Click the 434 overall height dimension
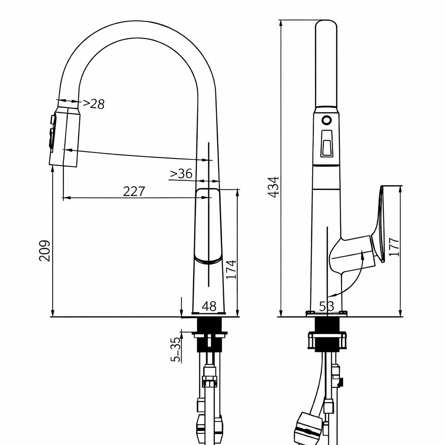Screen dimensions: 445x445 coord(274,187)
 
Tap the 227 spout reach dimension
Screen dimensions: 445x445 coord(134,191)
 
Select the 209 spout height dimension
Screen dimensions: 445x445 coord(45,251)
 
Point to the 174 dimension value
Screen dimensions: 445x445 coord(231,269)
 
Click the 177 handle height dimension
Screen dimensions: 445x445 coord(394,247)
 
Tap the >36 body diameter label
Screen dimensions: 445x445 coord(181,173)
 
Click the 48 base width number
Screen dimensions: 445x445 coord(209,306)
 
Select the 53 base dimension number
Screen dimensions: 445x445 coord(327,306)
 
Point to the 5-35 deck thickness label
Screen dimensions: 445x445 coord(176,349)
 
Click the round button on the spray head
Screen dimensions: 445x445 coord(327,120)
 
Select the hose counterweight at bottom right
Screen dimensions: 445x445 coord(308,428)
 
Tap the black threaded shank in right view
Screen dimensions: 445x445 coord(327,334)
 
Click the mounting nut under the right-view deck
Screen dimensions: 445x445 coord(327,340)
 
